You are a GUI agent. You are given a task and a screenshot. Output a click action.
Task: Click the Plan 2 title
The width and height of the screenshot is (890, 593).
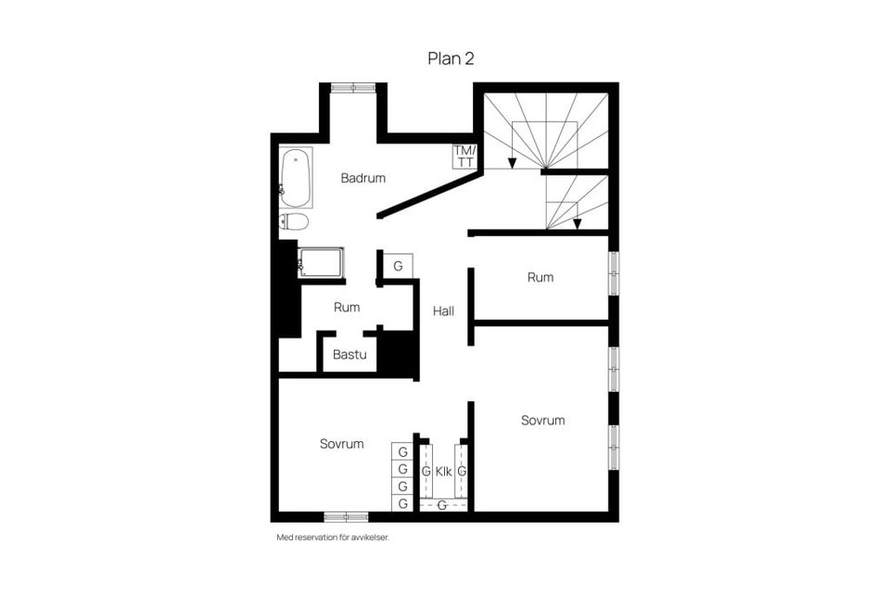tap(451, 58)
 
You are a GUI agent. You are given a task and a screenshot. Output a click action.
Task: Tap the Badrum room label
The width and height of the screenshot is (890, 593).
tap(362, 178)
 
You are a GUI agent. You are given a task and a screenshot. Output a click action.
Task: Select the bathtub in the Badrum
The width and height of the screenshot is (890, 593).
tap(296, 177)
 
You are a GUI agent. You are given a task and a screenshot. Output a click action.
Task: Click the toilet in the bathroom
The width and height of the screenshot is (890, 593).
tap(294, 221)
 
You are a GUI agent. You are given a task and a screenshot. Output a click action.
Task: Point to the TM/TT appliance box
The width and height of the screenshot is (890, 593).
tap(464, 156)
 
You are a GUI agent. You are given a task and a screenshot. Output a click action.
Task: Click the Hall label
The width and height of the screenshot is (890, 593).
tap(443, 311)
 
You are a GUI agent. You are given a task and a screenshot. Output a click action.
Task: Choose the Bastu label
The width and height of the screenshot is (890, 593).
tap(350, 354)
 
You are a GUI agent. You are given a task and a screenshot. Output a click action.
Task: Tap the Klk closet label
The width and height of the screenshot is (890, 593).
tap(443, 472)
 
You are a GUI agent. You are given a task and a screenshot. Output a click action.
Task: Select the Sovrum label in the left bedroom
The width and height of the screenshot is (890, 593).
tap(341, 444)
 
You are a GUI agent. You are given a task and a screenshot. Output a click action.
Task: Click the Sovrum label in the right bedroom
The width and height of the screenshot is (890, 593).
tap(542, 420)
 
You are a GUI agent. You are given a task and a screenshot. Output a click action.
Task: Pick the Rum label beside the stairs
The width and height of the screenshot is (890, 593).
tap(540, 277)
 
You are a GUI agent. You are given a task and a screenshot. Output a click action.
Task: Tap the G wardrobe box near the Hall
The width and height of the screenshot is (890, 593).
tap(398, 266)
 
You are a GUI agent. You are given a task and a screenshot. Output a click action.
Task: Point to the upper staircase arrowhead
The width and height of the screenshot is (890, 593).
tap(512, 163)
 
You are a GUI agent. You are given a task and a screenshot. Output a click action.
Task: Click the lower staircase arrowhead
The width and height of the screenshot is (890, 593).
tap(578, 222)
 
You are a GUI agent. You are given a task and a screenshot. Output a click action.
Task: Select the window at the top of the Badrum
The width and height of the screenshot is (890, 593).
tap(353, 88)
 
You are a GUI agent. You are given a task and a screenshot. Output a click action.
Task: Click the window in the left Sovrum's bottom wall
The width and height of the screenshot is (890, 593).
tap(346, 516)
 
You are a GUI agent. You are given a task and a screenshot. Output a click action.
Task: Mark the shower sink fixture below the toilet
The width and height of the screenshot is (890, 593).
tap(320, 262)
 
